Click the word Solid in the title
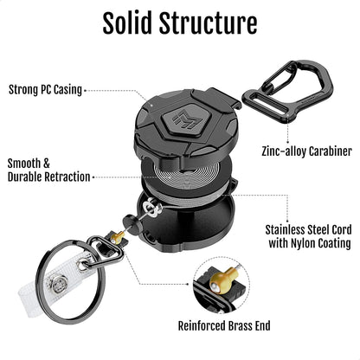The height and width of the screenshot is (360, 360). pos(134,23)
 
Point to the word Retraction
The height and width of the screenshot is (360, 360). pos(61,177)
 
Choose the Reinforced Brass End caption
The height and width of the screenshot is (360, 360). pos(228,326)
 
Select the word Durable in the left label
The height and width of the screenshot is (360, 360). pos(27,177)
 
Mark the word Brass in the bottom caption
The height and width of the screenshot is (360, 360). pos(240,326)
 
